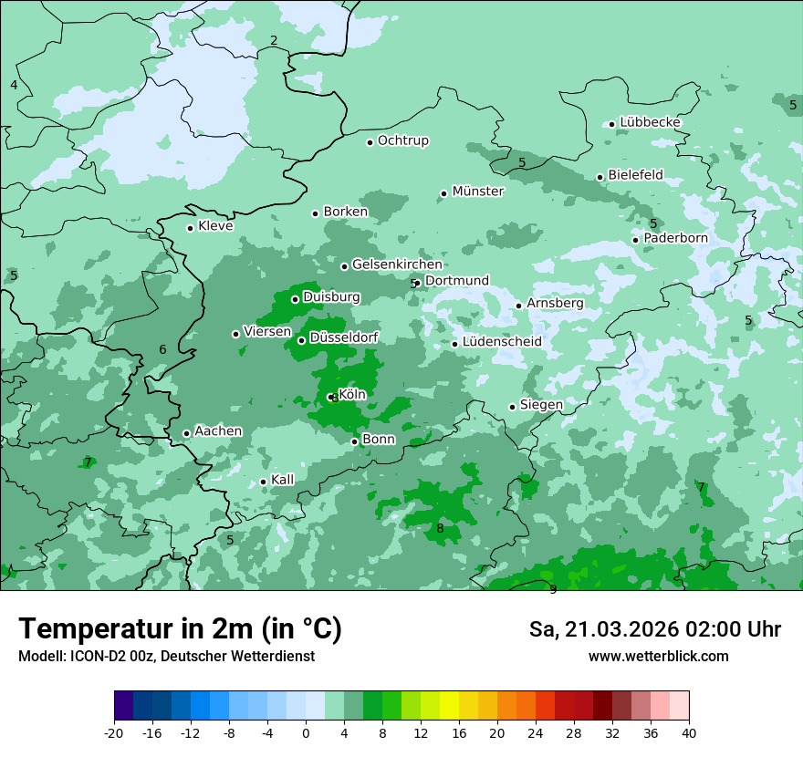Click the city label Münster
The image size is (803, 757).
click(478, 192)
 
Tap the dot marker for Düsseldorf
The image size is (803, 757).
click(301, 340)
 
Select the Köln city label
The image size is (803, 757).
click(352, 394)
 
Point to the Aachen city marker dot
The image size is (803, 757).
click(186, 434)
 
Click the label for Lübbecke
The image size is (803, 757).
click(650, 122)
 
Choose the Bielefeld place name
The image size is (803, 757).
click(635, 174)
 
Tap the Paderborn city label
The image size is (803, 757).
click(675, 238)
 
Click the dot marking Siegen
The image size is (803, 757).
click(512, 407)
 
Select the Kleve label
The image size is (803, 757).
click(215, 226)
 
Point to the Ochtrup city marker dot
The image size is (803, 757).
click(370, 142)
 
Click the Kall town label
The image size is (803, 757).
click(282, 480)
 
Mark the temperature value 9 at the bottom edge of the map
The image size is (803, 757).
click(553, 589)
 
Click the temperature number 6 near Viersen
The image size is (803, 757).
click(162, 349)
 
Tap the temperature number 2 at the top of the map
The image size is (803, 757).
click(274, 40)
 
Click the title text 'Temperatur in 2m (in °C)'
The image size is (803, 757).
click(180, 629)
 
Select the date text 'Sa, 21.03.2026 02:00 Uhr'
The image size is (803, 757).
click(654, 629)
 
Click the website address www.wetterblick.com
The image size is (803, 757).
click(658, 657)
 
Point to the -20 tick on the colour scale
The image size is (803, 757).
click(114, 732)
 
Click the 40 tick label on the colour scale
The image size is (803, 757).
click(688, 732)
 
